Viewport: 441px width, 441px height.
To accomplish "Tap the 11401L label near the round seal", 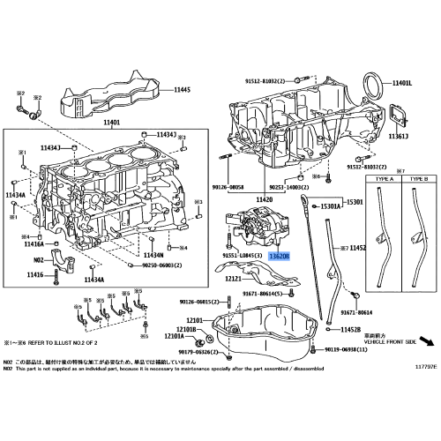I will tap(403, 82).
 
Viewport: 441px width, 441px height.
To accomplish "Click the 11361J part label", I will tap(400, 138).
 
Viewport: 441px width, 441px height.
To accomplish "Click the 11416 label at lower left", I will tap(34, 276).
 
